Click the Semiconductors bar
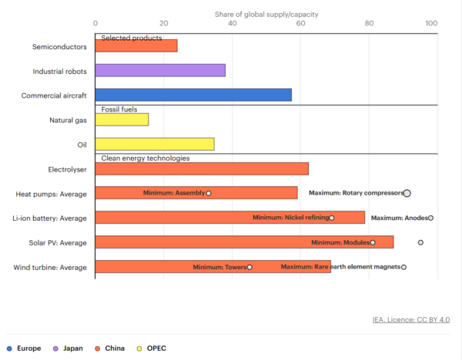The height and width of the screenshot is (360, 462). [136, 46]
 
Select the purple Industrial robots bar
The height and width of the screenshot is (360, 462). [160, 71]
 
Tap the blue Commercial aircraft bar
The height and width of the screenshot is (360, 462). [193, 95]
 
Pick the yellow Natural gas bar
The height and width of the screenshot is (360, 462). [122, 120]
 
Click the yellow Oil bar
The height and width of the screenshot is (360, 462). [155, 144]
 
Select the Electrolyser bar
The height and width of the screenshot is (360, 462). [202, 168]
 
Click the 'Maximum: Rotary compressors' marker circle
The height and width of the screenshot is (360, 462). [407, 193]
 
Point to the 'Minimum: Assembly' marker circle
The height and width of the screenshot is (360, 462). [209, 193]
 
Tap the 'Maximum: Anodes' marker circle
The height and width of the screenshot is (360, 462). [431, 218]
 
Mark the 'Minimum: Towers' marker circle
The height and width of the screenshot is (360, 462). [249, 267]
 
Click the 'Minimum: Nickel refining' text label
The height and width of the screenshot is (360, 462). [291, 218]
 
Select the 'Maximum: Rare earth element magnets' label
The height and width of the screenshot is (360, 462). [340, 267]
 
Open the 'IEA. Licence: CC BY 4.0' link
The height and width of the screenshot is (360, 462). [410, 319]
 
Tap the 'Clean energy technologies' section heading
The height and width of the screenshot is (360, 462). [146, 158]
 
